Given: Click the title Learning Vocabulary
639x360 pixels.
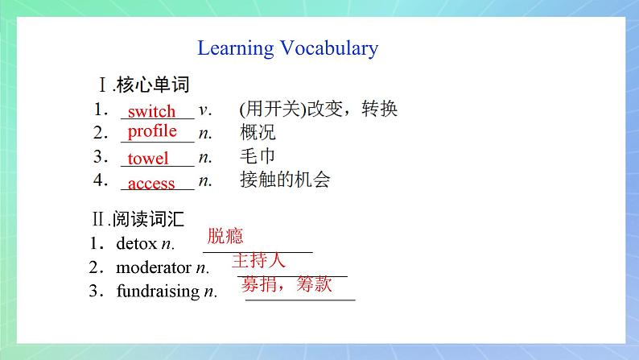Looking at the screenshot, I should tap(287, 48).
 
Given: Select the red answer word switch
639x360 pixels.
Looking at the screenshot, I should tap(151, 111).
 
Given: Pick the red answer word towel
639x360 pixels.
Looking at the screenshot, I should tap(148, 159).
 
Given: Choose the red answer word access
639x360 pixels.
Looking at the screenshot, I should tap(151, 184).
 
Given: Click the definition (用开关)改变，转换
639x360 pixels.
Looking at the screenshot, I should tap(318, 109).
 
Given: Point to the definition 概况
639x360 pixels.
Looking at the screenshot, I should tap(258, 133).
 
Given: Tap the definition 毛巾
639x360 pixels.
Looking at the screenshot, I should tap(258, 157).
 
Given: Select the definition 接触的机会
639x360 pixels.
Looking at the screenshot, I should tap(284, 180).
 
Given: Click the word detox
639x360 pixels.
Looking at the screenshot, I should tap(137, 243).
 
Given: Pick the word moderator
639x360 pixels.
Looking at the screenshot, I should tap(154, 267).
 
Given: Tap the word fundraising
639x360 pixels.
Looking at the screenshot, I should tap(158, 292).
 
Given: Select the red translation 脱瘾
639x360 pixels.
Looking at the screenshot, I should tap(225, 236).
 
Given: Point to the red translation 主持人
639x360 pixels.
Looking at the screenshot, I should tap(258, 260).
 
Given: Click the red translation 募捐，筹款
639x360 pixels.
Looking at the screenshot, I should tap(285, 284).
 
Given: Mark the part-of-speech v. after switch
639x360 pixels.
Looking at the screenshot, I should tap(204, 109).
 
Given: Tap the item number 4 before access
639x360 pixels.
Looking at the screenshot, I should tap(97, 180).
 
